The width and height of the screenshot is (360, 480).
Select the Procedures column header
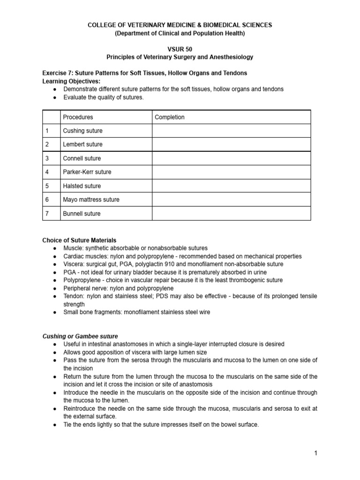tap(78, 117)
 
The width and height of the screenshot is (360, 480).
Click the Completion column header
tap(170, 117)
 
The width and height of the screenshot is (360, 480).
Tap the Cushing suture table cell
tap(82, 131)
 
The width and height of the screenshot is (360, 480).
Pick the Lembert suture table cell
tap(82, 144)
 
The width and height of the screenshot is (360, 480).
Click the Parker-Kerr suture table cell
tap(87, 172)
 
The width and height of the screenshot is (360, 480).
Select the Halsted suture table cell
tap(82, 186)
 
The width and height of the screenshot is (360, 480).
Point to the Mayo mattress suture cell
tap(91, 200)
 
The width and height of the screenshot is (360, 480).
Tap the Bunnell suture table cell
tap(82, 214)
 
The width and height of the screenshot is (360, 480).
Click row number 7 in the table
tap(47, 214)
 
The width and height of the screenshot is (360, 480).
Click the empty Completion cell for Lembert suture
tap(231, 144)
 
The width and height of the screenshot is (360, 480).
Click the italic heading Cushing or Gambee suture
tap(80, 336)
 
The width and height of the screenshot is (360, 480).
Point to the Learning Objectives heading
tap(71, 81)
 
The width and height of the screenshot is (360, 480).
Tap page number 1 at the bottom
tap(316, 453)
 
